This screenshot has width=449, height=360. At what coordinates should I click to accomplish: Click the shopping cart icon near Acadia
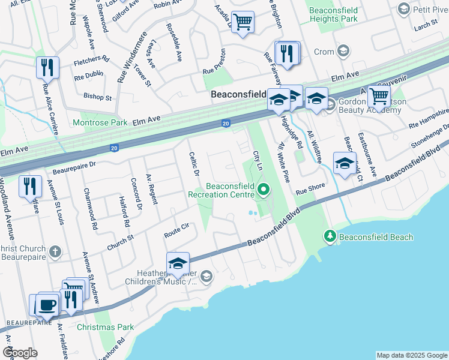tap(243, 23)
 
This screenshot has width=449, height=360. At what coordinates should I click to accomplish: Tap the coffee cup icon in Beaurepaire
tap(48, 305)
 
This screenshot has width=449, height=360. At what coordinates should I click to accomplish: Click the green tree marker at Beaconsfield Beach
tap(330, 237)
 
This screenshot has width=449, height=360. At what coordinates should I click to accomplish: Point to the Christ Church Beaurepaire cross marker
tap(55, 253)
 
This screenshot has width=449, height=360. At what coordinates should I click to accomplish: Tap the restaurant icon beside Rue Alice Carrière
tap(47, 68)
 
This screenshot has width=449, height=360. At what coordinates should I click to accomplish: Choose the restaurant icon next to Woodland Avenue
tap(29, 187)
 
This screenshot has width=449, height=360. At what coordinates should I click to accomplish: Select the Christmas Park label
tap(105, 327)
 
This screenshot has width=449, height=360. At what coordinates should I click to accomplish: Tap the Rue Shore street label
tap(310, 187)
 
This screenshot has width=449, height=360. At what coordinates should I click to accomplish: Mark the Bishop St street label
tap(98, 97)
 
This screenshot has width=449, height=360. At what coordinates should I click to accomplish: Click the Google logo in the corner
tap(20, 352)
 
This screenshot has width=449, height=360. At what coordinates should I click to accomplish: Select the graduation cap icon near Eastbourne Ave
tap(345, 164)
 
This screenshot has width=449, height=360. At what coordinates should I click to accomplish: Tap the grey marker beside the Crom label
tap(343, 52)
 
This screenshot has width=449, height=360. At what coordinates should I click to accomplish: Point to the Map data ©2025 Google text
tap(411, 355)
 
